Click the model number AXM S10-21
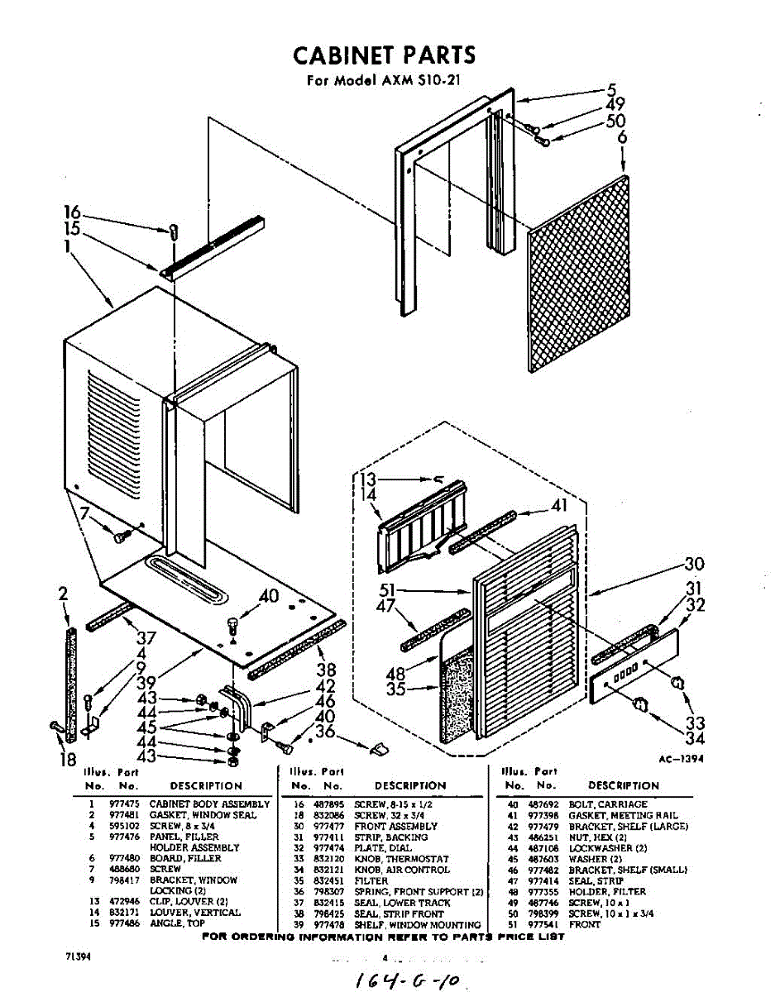pos(414,82)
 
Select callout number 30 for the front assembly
pos(694,565)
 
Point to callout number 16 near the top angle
pos(72,212)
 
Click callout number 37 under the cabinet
pos(146,637)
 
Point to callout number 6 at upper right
pos(621,138)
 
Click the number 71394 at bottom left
pos(78,956)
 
